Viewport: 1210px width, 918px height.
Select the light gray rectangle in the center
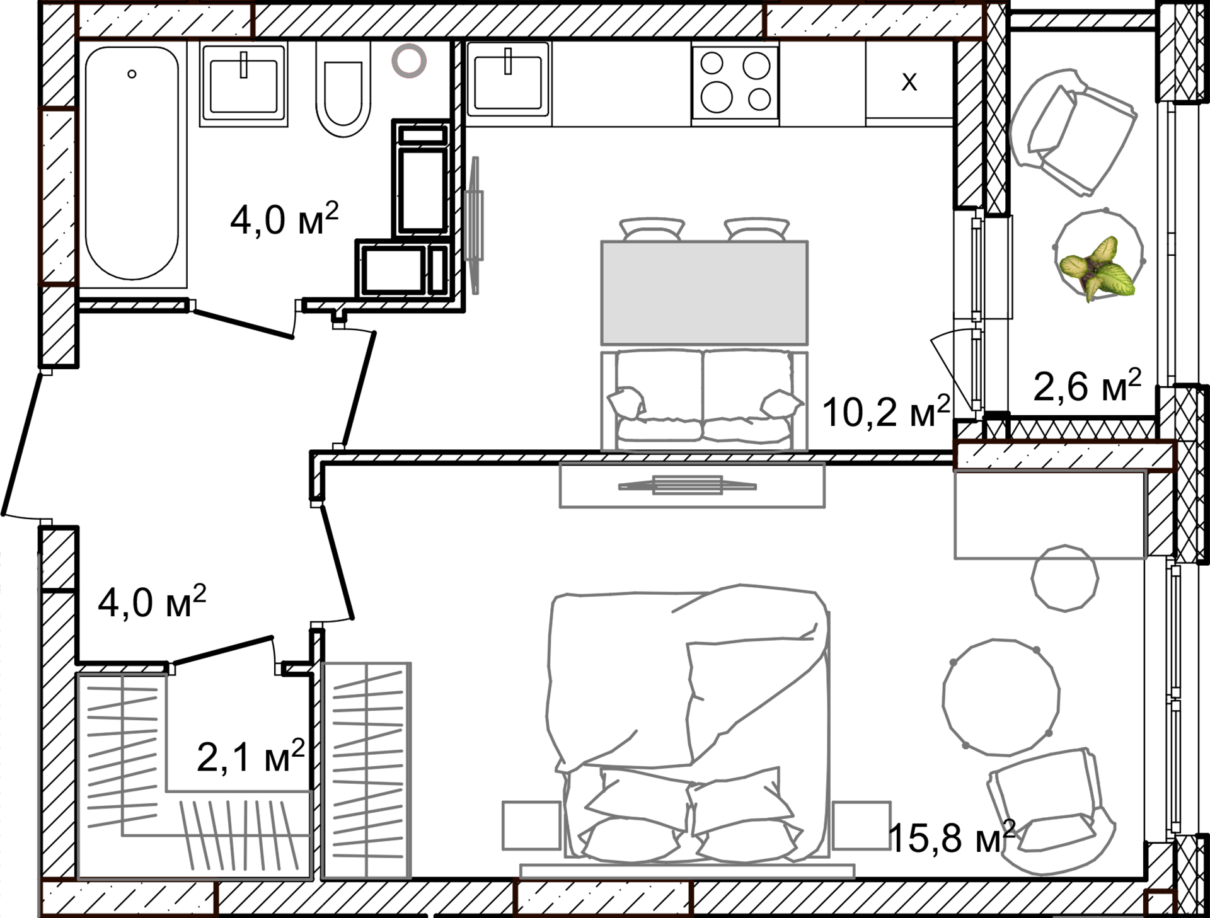click(704, 293)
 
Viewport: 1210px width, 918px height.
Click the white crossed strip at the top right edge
click(1201, 50)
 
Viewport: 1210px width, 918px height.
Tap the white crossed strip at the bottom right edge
click(1201, 876)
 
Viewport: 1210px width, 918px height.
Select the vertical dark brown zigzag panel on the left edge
click(44, 195)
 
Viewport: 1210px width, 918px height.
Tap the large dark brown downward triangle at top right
click(822, 60)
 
